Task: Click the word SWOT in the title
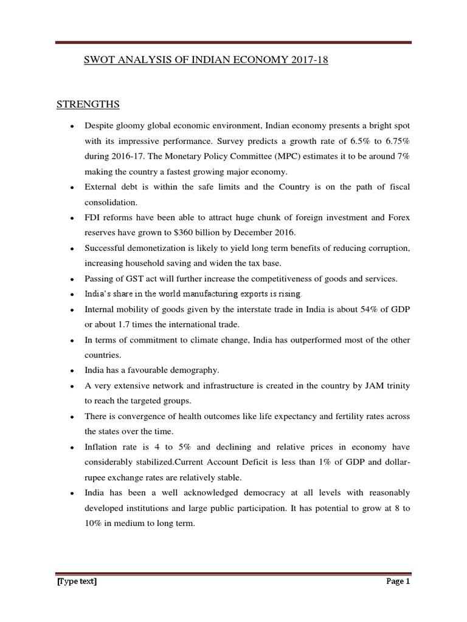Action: [97, 61]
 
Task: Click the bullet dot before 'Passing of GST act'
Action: [72, 279]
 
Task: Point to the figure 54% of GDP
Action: [384, 309]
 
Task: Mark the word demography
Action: [193, 371]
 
